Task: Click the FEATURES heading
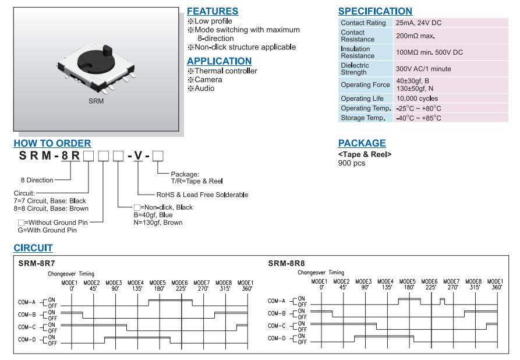(x=212, y=11)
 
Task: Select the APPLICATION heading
(x=219, y=61)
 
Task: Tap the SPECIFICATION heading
(x=375, y=11)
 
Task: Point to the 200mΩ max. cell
(x=415, y=36)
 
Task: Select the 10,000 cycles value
(x=416, y=98)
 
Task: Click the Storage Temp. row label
(x=362, y=118)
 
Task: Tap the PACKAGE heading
(x=362, y=143)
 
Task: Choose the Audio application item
(x=204, y=89)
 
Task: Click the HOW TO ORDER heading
(x=52, y=143)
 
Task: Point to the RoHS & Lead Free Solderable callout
(x=202, y=195)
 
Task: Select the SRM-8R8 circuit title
(x=286, y=263)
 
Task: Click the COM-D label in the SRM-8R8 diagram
(x=277, y=338)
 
